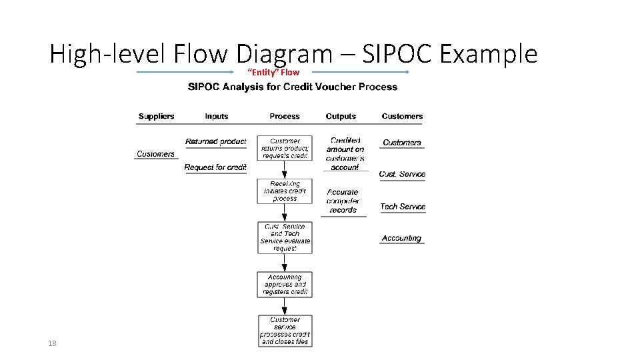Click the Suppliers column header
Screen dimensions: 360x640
[x=156, y=116]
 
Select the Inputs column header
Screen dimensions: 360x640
[x=216, y=116]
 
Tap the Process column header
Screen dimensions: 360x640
[x=285, y=116]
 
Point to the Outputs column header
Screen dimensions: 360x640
[x=341, y=116]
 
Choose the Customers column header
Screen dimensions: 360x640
[x=402, y=116]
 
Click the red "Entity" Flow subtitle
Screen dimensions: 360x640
[x=273, y=72]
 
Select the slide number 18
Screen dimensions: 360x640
[x=52, y=343]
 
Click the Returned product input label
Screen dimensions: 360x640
[x=215, y=141]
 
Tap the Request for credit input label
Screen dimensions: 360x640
[x=215, y=167]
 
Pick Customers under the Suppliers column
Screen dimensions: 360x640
[x=155, y=154]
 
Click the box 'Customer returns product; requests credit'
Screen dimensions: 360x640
[x=285, y=149]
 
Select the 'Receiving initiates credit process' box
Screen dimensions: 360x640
[x=285, y=191]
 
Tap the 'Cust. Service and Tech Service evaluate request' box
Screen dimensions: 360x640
[x=285, y=237]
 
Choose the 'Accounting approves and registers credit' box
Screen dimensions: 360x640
[x=285, y=284]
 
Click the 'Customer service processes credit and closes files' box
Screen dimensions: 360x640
[x=285, y=331]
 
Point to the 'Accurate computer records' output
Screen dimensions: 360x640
[x=343, y=201]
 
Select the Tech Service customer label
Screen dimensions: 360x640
[x=403, y=207]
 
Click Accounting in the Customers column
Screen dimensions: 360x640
[x=401, y=238]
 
